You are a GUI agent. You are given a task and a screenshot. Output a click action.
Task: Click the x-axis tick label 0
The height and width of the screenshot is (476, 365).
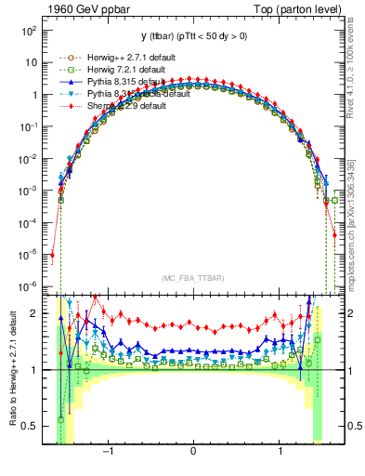(x=192, y=453)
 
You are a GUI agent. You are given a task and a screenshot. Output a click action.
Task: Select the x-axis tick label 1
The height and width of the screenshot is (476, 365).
(x=280, y=453)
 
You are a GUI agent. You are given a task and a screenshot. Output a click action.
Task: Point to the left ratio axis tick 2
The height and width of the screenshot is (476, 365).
(x=35, y=313)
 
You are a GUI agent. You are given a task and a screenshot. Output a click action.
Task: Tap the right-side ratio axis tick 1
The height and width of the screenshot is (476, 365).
(x=350, y=370)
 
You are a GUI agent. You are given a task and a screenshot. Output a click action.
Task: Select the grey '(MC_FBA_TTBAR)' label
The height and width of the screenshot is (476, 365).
(x=193, y=278)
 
